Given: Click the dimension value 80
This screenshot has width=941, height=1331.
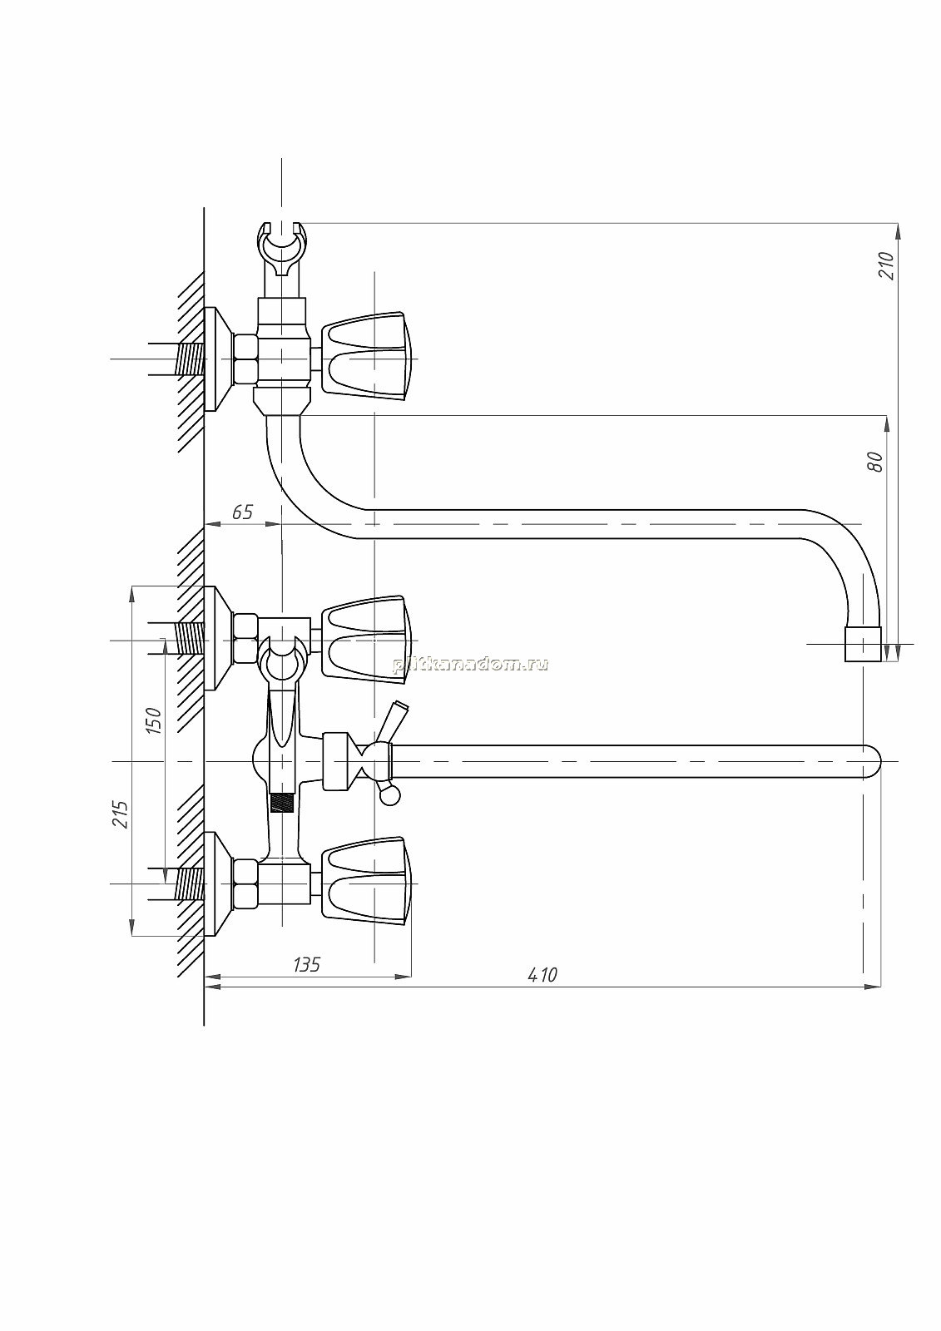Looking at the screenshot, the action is [x=875, y=462].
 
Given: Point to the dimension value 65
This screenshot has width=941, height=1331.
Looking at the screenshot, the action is [x=242, y=512].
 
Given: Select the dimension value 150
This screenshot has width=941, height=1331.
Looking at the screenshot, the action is [x=153, y=720].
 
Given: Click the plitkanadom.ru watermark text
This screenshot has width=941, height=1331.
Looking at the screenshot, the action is [x=470, y=665].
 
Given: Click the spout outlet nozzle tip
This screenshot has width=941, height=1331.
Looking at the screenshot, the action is [x=863, y=644].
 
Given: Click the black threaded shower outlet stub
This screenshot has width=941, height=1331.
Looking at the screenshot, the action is [x=282, y=803].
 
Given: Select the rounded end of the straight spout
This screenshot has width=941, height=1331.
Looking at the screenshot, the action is [x=872, y=761].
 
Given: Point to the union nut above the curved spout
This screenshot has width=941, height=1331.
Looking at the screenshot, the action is [x=282, y=401].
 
